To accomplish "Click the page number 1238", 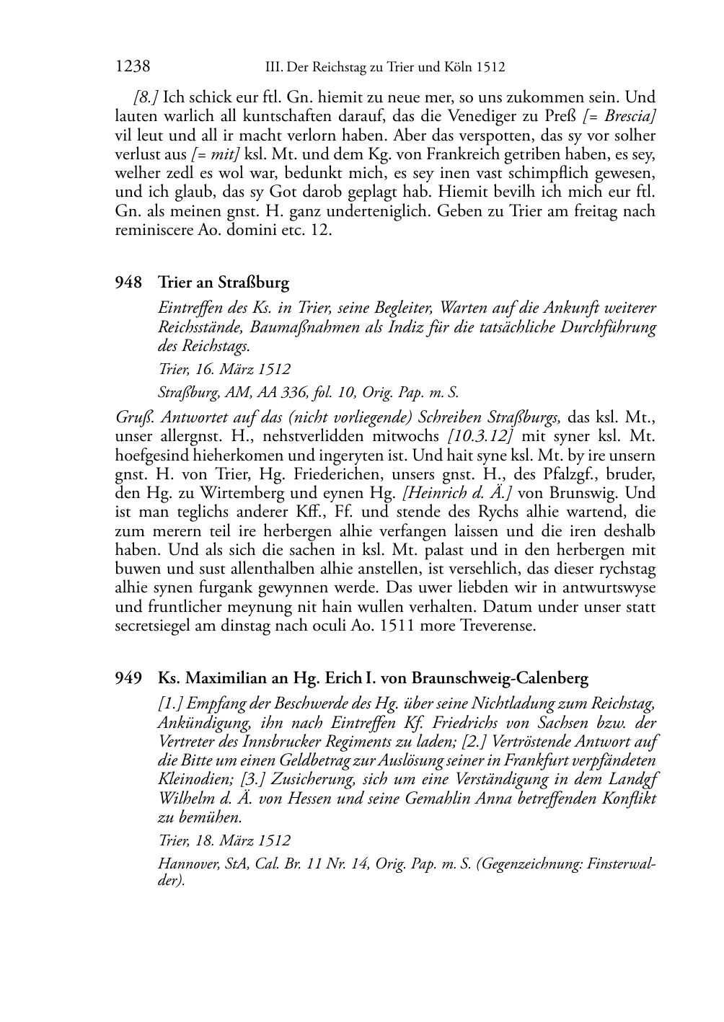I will pos(133,67).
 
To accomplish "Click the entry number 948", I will pos(128,283).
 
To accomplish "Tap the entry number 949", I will pos(128,678).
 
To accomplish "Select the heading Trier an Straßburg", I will pos(224,283).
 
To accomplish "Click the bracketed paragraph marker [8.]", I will pos(146,97).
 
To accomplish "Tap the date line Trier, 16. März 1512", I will pos(224,369).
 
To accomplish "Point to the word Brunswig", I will pos(578,494).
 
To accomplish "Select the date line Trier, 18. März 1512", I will pos(224,840).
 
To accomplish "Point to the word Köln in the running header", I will pos(456,68).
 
